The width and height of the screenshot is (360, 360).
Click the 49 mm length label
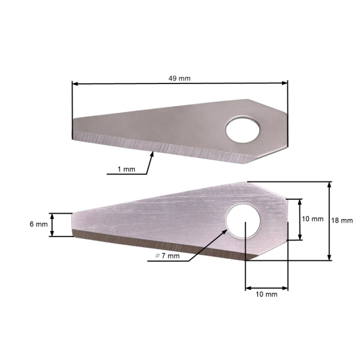pos(179,78)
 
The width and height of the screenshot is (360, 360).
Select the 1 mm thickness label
pos(126,170)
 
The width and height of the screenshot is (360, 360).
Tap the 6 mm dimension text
pos(38,224)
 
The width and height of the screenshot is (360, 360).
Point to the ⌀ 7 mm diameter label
pos(167,256)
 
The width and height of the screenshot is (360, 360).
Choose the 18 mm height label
pos(342,220)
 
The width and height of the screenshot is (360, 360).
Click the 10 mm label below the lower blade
pos(266,295)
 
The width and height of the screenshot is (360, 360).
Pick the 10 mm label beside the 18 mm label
pos(313,219)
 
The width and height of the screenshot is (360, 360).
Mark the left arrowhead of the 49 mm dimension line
pos(74,85)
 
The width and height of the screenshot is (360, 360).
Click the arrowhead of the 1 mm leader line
pos(154,154)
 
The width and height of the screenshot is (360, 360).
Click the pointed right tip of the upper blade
pos(287,130)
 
